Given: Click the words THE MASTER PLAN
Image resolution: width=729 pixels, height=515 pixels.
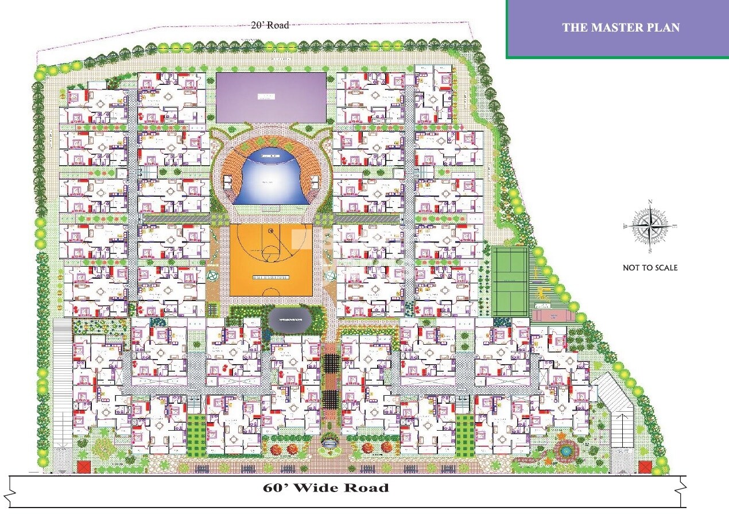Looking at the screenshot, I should pyautogui.click(x=621, y=28).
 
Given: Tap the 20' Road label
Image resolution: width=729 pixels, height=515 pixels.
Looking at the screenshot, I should pyautogui.click(x=270, y=25).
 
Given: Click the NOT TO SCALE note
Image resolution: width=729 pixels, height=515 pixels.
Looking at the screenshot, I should pyautogui.click(x=650, y=268).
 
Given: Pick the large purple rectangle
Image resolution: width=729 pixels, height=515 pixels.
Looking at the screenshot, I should pyautogui.click(x=271, y=96).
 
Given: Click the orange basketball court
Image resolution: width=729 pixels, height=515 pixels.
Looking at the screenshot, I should pyautogui.click(x=271, y=259).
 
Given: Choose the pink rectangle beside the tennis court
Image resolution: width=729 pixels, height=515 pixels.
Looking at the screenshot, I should pyautogui.click(x=553, y=315).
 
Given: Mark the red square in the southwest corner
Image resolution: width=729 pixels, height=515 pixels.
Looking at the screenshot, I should pyautogui.click(x=84, y=467).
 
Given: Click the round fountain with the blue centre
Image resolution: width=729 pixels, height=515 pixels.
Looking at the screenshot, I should pyautogui.click(x=566, y=451).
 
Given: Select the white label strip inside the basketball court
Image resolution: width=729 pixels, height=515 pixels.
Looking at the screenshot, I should pyautogui.click(x=271, y=278).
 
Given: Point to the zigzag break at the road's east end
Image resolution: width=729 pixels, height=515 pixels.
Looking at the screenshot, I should pyautogui.click(x=682, y=491).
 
